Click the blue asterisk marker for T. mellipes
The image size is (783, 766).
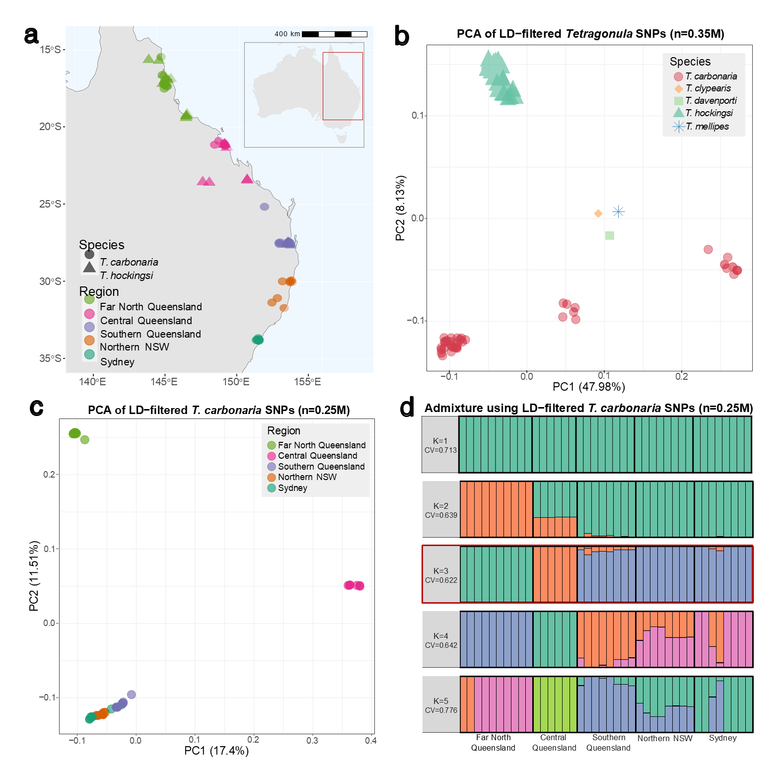click(x=618, y=212)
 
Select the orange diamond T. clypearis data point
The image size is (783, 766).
click(x=598, y=213)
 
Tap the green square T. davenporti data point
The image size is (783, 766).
click(x=610, y=235)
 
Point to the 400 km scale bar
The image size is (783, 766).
click(x=334, y=34)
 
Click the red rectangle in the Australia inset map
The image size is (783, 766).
click(x=343, y=86)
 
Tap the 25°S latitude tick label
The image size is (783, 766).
click(x=50, y=204)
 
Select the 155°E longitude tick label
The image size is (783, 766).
click(x=307, y=382)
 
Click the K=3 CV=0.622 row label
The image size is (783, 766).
click(x=441, y=575)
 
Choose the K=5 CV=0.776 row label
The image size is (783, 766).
click(x=441, y=705)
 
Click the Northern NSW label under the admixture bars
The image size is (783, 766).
click(x=665, y=738)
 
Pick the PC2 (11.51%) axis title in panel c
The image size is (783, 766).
click(x=34, y=576)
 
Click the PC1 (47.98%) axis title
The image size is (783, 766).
click(x=588, y=387)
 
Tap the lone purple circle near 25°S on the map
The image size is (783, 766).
click(x=265, y=207)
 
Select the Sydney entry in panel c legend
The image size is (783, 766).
click(x=292, y=488)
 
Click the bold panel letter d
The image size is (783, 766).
click(x=407, y=408)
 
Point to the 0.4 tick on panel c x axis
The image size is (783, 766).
click(x=370, y=740)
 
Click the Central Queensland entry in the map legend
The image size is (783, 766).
click(x=146, y=321)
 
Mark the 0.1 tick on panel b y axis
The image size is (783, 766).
click(x=418, y=116)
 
